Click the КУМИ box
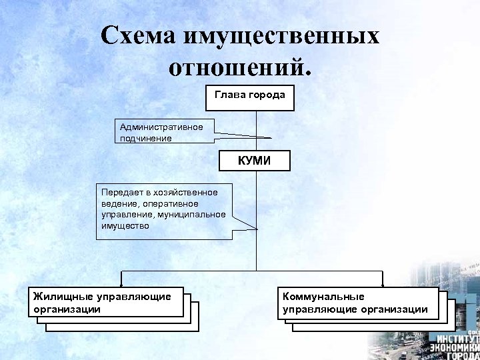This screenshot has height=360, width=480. click(255, 161)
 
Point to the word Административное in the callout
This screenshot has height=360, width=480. click(161, 127)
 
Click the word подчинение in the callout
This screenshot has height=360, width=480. click(145, 139)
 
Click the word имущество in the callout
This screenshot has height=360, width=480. click(125, 225)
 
